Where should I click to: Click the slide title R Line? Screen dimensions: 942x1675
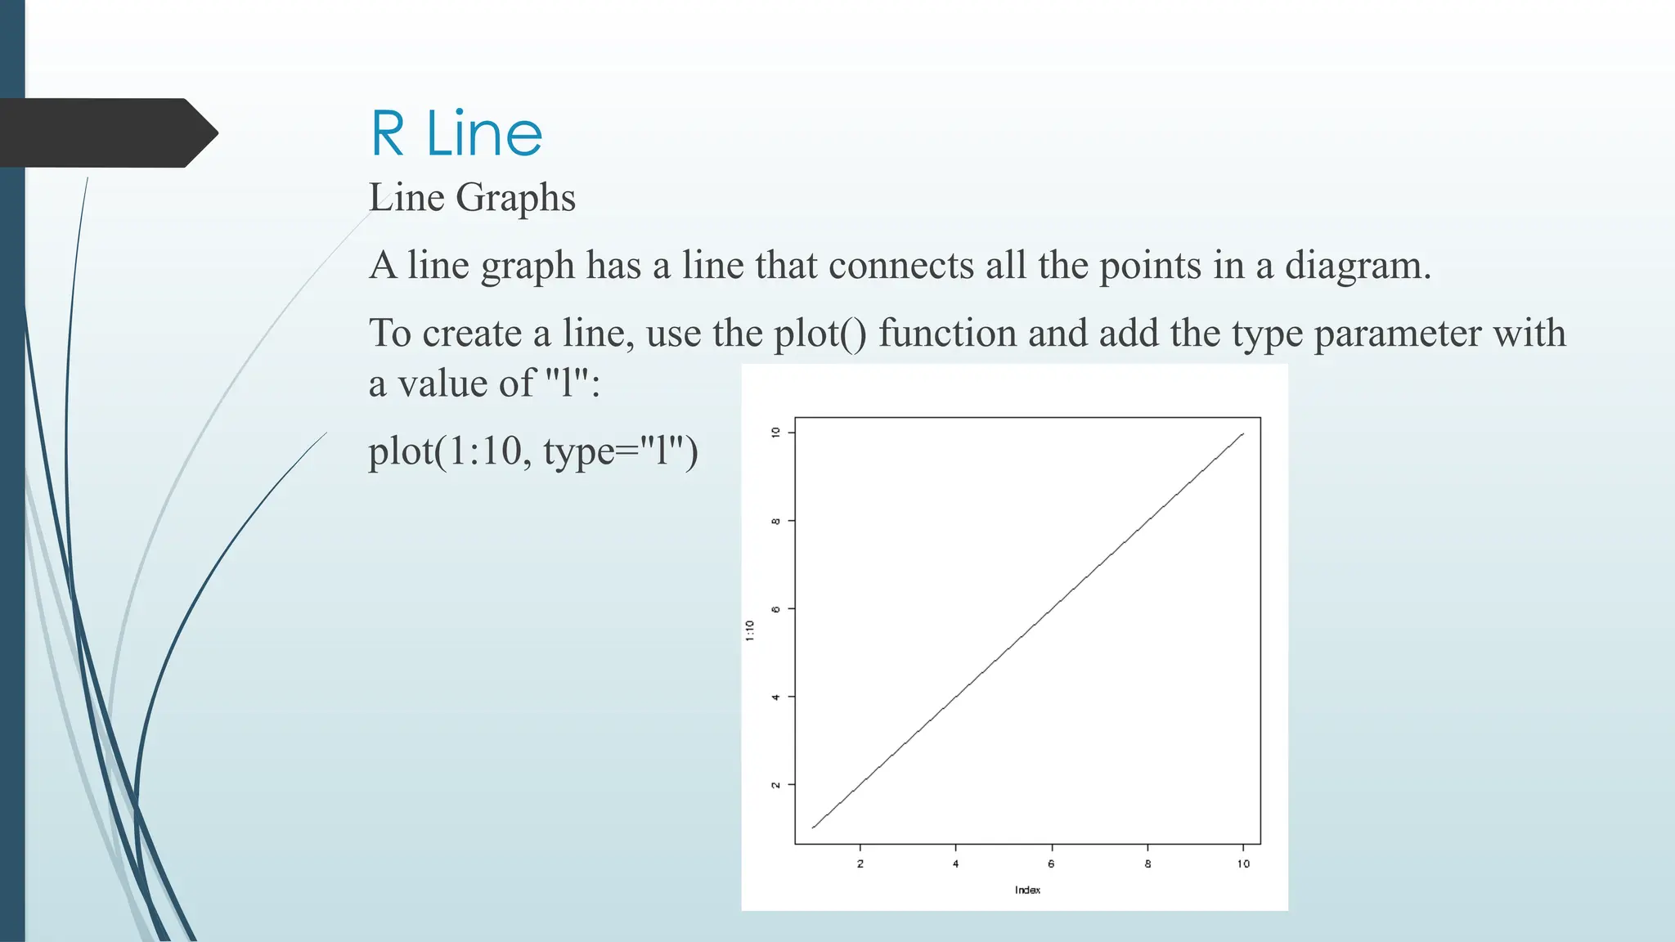[456, 133]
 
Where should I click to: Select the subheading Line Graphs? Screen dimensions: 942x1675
[472, 198]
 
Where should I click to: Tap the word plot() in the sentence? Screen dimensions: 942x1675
[820, 334]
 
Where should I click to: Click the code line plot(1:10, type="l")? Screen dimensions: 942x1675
[533, 451]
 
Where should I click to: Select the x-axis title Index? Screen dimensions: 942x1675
[1027, 890]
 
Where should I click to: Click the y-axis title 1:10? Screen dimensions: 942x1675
[750, 630]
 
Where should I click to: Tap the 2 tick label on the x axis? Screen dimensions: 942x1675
[860, 863]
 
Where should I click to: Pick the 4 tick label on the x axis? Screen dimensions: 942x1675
[955, 863]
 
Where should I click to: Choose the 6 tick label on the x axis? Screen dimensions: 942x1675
[1051, 863]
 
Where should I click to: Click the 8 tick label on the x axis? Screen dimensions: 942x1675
[1147, 863]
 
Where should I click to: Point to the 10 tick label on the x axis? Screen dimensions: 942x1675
[1243, 863]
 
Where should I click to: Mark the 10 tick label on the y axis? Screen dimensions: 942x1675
[775, 432]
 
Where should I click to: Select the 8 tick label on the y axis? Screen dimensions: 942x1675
[775, 521]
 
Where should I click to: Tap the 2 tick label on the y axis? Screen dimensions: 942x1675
[775, 785]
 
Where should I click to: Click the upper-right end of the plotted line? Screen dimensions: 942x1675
[1243, 434]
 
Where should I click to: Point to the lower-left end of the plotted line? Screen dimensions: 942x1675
[813, 828]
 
